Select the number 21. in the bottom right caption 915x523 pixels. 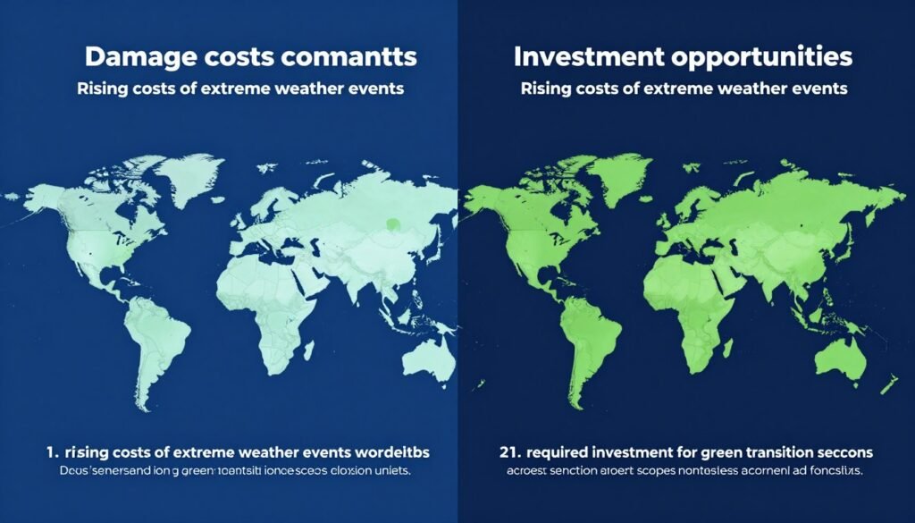coord(504,451)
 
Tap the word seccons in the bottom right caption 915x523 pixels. coord(840,451)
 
